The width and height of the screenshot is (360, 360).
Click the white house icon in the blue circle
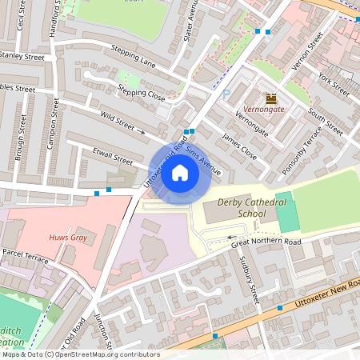click(x=180, y=172)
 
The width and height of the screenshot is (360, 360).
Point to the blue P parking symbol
click(x=226, y=94)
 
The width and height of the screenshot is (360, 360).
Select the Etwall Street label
click(x=112, y=161)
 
